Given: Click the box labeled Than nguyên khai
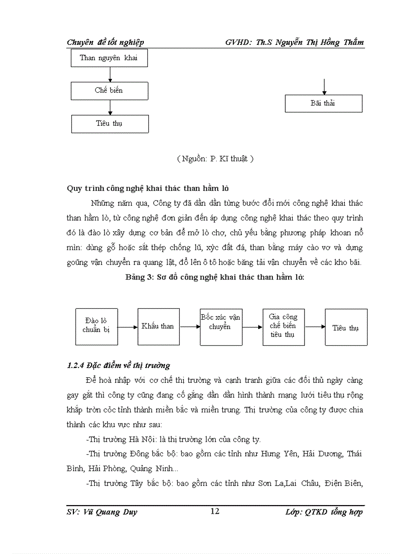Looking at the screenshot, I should [109, 58].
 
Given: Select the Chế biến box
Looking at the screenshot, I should [109, 91].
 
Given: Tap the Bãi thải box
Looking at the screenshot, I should [323, 104].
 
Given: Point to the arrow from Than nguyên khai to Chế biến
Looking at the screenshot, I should [110, 74].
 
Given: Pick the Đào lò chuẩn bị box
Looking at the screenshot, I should [96, 327].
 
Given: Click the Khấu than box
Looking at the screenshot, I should [158, 327].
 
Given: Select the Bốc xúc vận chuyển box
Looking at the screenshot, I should [221, 327].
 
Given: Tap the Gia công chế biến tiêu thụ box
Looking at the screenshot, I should [283, 327].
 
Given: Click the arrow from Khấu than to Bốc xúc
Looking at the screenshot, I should [190, 327].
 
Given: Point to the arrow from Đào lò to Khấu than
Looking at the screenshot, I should [127, 327].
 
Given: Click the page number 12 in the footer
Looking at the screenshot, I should [215, 511].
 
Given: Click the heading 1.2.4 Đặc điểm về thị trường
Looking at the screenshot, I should [118, 366].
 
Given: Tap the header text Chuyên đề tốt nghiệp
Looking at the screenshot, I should [105, 42].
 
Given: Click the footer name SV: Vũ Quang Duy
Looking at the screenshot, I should [102, 512].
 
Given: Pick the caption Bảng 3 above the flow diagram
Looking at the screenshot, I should [215, 277].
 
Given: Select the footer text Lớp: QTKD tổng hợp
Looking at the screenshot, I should [324, 512].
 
